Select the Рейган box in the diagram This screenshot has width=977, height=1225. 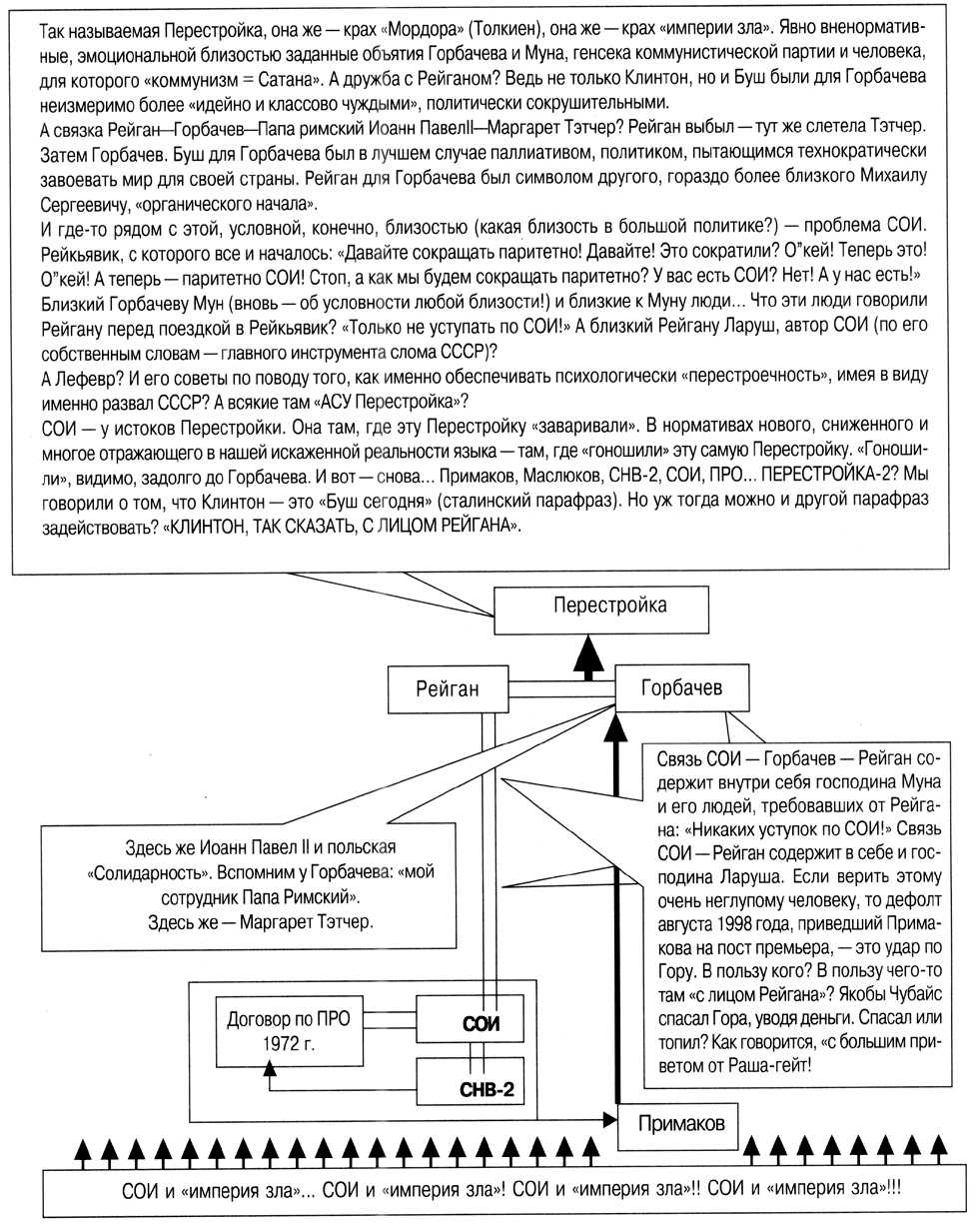point(448,688)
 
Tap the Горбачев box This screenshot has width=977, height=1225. point(681,688)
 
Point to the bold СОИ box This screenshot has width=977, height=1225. point(480,1024)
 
